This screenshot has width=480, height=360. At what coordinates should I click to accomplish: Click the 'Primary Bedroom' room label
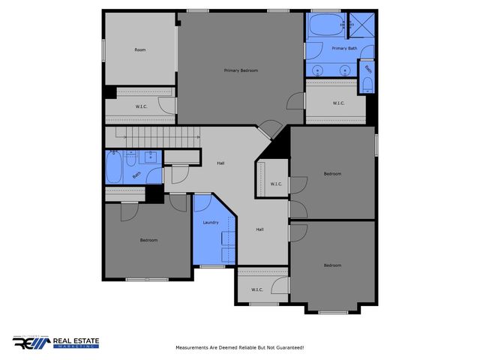pos(241,70)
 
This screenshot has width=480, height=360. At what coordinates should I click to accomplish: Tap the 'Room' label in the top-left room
pos(139,49)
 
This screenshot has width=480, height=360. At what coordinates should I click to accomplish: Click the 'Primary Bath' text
pos(346,48)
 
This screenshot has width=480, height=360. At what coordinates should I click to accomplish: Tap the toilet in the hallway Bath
pos(131,159)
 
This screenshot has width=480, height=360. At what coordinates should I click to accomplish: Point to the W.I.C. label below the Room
pos(140,106)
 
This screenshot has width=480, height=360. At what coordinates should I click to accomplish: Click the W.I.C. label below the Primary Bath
pos(337,103)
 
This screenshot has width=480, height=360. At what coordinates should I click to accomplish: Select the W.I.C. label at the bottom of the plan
pos(256,289)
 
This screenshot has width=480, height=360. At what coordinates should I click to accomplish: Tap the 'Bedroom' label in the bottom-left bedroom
pos(148,240)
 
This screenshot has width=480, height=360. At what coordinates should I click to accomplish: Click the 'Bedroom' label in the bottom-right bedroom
pos(332,265)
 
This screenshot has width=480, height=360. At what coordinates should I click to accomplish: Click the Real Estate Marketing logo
pos(55,343)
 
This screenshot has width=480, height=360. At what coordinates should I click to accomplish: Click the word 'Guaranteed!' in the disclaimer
pos(288,347)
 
